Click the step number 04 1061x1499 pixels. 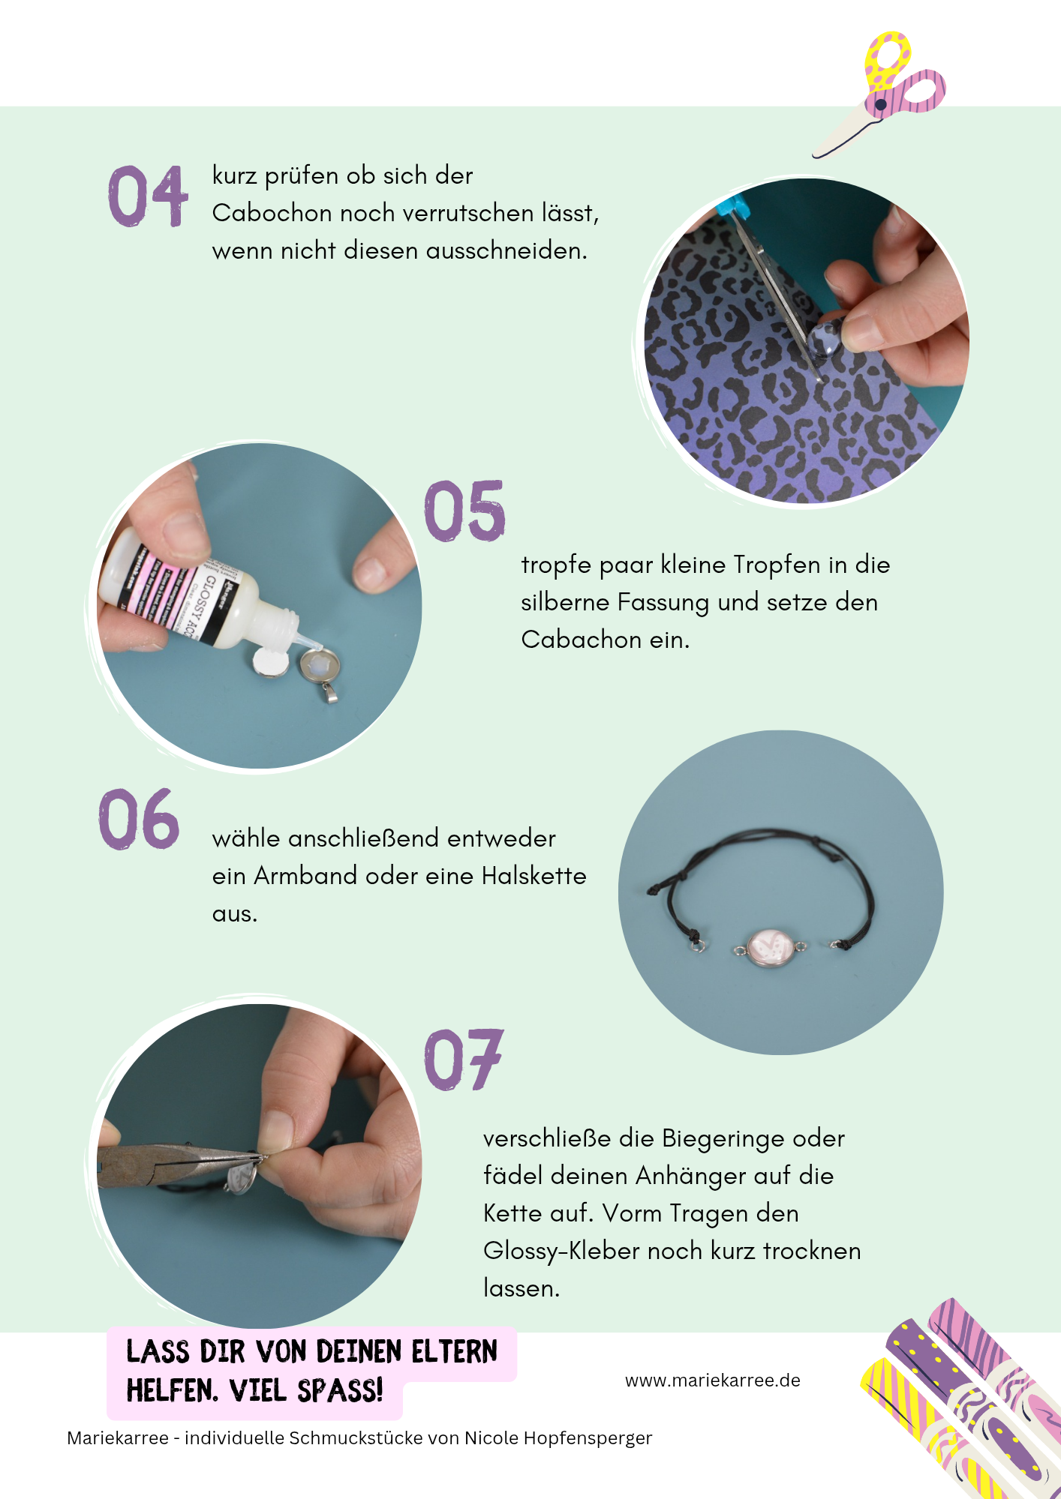[x=148, y=196]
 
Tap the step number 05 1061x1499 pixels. [x=464, y=511]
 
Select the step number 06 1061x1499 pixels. [x=139, y=819]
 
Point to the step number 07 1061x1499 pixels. [x=463, y=1060]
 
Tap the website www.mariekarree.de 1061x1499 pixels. [x=712, y=1381]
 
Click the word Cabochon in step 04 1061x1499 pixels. [x=272, y=213]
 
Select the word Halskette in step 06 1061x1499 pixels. [x=534, y=876]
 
